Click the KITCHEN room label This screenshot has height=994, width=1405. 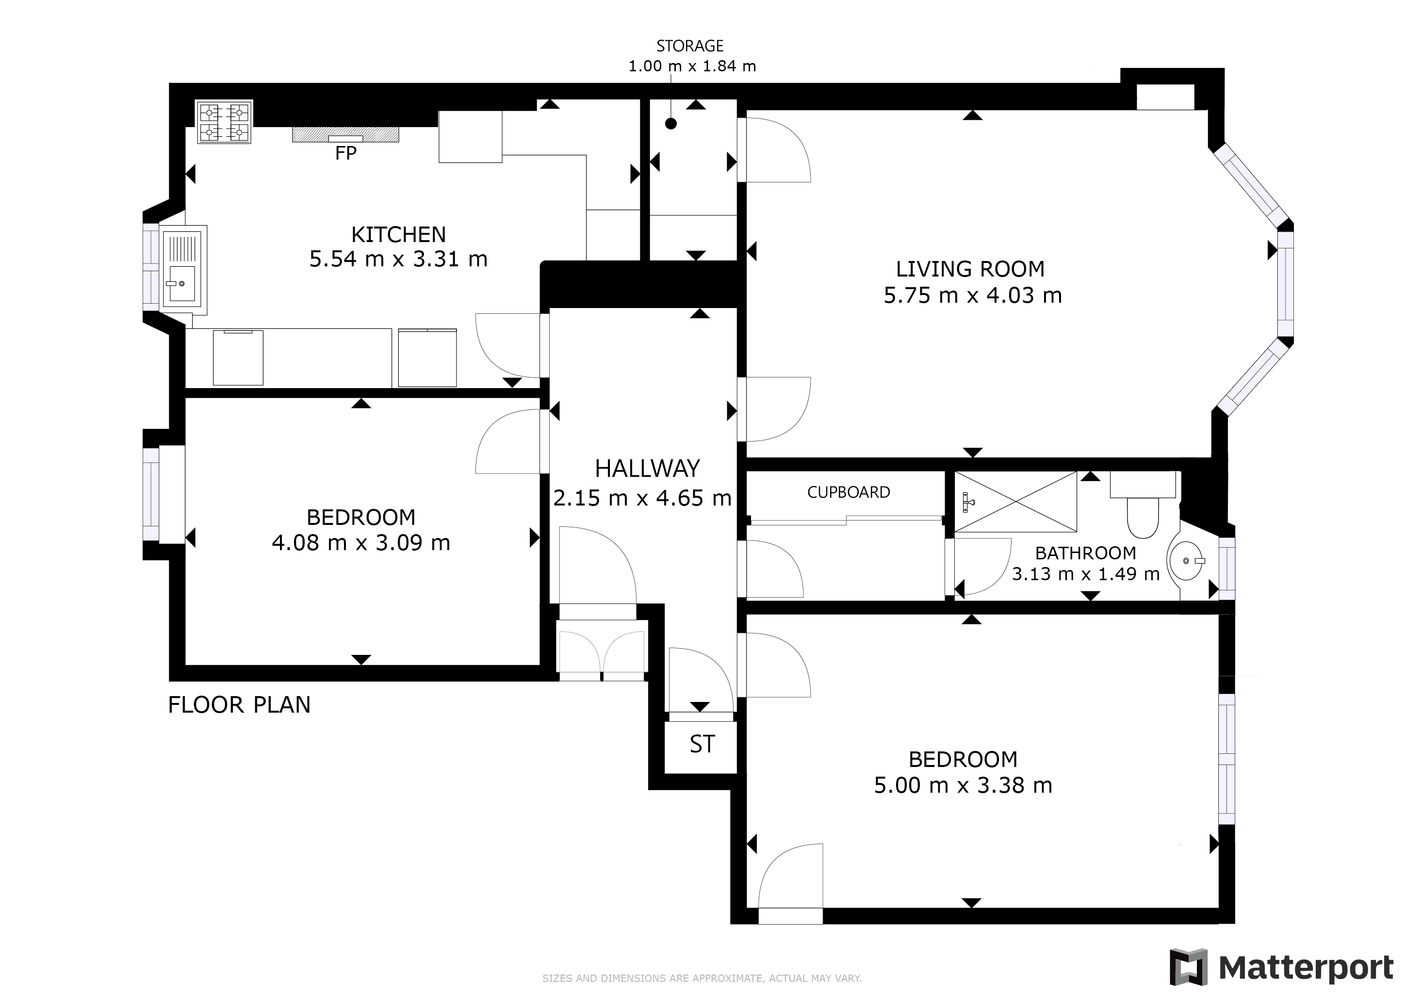398,234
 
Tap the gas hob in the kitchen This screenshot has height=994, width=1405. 225,122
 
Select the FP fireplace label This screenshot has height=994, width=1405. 346,153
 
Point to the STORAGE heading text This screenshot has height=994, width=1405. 690,46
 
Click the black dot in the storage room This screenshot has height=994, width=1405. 670,124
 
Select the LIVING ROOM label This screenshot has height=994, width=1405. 970,269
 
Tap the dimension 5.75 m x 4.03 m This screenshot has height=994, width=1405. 972,295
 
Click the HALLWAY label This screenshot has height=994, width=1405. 647,469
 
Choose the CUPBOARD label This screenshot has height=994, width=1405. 848,492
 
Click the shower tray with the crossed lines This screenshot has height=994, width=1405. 1015,501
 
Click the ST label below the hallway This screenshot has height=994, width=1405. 702,744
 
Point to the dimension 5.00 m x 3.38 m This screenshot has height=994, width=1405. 963,785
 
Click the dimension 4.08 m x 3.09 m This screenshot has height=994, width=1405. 360,543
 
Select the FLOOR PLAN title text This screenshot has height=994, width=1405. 239,705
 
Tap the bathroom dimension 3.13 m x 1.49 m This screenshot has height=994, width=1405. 1086,574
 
